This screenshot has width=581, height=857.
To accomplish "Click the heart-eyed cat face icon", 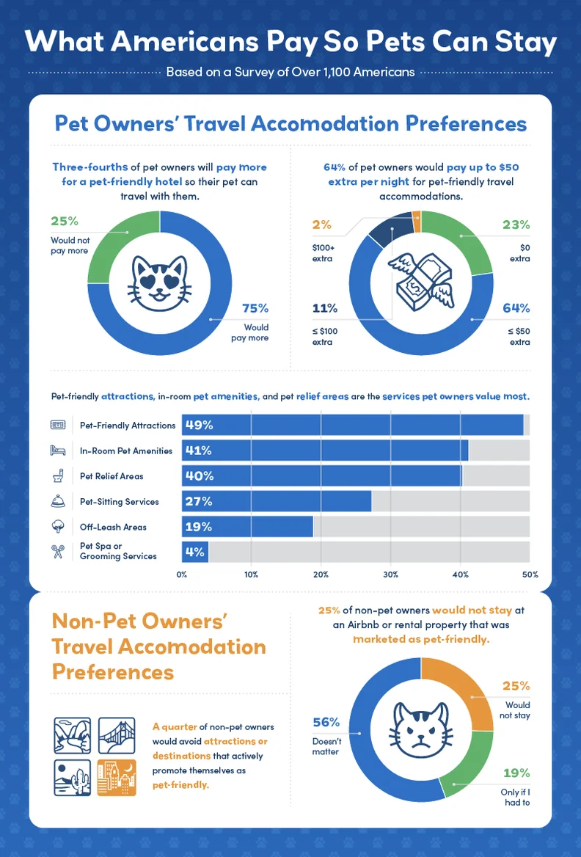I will (x=159, y=285).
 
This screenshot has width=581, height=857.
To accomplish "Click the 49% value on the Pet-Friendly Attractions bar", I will (x=199, y=425).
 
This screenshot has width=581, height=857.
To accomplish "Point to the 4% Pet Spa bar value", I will (x=194, y=552).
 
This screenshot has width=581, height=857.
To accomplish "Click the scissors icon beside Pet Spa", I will (x=58, y=551).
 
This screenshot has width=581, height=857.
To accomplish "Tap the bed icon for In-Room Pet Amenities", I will (x=58, y=451).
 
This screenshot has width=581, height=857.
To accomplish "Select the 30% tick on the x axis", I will (x=390, y=574).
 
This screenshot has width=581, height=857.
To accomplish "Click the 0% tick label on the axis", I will (x=182, y=574).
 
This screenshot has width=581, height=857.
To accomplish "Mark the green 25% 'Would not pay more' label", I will (x=65, y=221).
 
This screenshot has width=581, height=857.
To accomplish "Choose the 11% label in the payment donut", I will (x=324, y=308).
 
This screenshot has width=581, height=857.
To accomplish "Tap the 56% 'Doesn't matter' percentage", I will (x=326, y=722).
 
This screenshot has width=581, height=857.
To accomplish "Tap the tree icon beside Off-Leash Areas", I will (x=58, y=526).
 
